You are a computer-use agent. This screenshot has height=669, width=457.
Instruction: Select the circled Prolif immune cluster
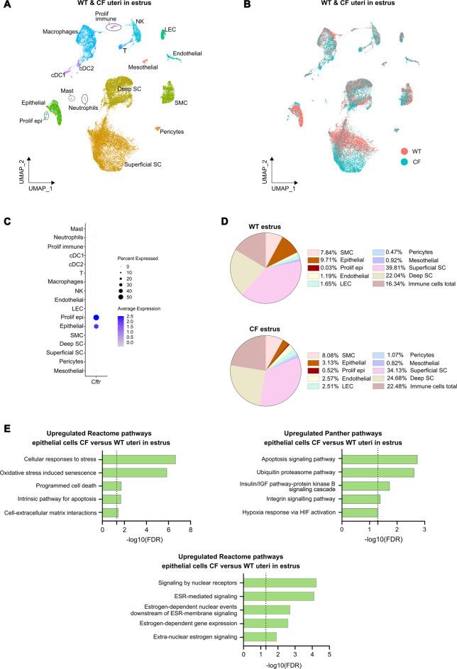pyautogui.click(x=113, y=26)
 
